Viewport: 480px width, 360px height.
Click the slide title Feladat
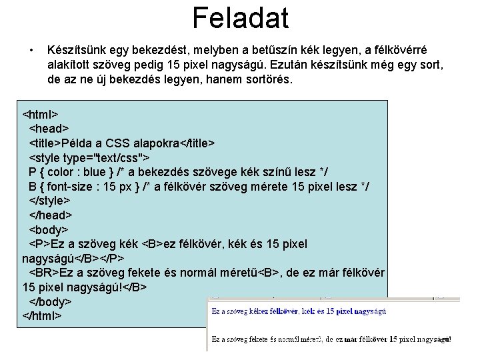coord(240,18)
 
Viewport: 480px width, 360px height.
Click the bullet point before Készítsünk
coord(31,50)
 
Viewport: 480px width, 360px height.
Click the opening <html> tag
coord(41,113)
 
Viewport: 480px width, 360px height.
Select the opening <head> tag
coord(49,127)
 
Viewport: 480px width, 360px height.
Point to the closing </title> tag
coord(197,142)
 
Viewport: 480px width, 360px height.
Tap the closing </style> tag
coord(49,201)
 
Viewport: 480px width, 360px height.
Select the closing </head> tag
coord(50,215)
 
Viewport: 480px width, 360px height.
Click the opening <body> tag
coord(49,230)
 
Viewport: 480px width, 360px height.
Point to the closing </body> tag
coord(50,301)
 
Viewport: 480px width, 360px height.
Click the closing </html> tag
coord(42,315)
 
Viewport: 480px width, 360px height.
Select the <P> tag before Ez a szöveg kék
coord(39,244)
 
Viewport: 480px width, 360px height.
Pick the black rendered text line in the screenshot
coord(331,339)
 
